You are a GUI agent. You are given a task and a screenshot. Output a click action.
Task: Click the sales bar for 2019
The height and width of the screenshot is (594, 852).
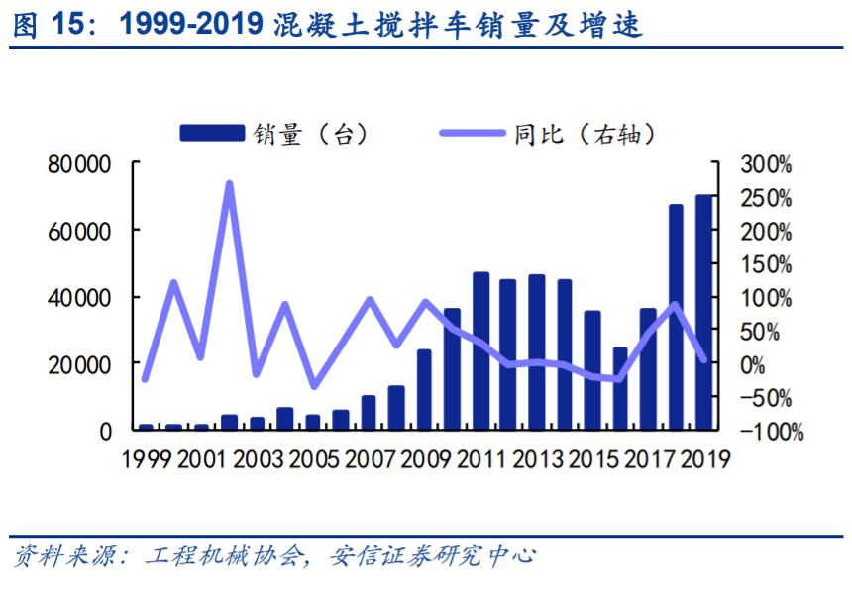point(704,313)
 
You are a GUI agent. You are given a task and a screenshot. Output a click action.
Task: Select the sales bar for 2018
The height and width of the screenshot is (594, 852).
point(677,318)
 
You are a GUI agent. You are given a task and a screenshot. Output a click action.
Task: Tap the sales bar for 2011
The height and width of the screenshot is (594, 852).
point(481,351)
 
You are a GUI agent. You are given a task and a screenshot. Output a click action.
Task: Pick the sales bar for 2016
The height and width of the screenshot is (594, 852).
point(620,388)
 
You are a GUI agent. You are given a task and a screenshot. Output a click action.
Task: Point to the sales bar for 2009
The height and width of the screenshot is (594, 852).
point(425,390)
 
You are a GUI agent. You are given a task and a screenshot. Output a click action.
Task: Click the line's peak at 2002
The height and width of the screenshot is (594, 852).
point(229,183)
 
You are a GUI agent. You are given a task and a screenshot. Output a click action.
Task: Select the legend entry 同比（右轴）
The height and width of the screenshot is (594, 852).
point(555,134)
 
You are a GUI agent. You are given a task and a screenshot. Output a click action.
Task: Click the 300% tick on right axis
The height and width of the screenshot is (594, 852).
point(769,164)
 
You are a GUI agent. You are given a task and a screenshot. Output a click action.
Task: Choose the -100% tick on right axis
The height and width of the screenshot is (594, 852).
point(767,431)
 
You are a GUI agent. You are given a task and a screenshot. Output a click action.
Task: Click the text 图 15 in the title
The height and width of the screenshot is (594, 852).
point(45,27)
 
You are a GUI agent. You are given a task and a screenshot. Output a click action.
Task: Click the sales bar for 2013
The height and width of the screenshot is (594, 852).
point(537,352)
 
